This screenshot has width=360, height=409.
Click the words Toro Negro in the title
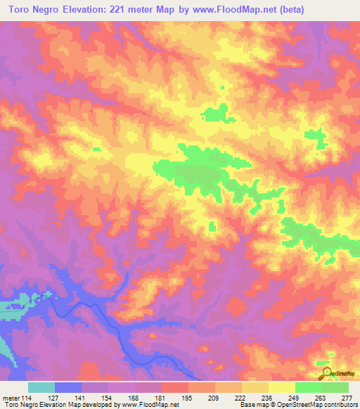tap(34, 10)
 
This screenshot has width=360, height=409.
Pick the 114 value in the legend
tap(27, 397)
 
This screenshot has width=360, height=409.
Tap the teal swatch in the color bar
tap(41, 387)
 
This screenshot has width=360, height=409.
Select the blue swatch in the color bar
tap(68, 387)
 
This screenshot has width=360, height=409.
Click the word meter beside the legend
tap(10, 397)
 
